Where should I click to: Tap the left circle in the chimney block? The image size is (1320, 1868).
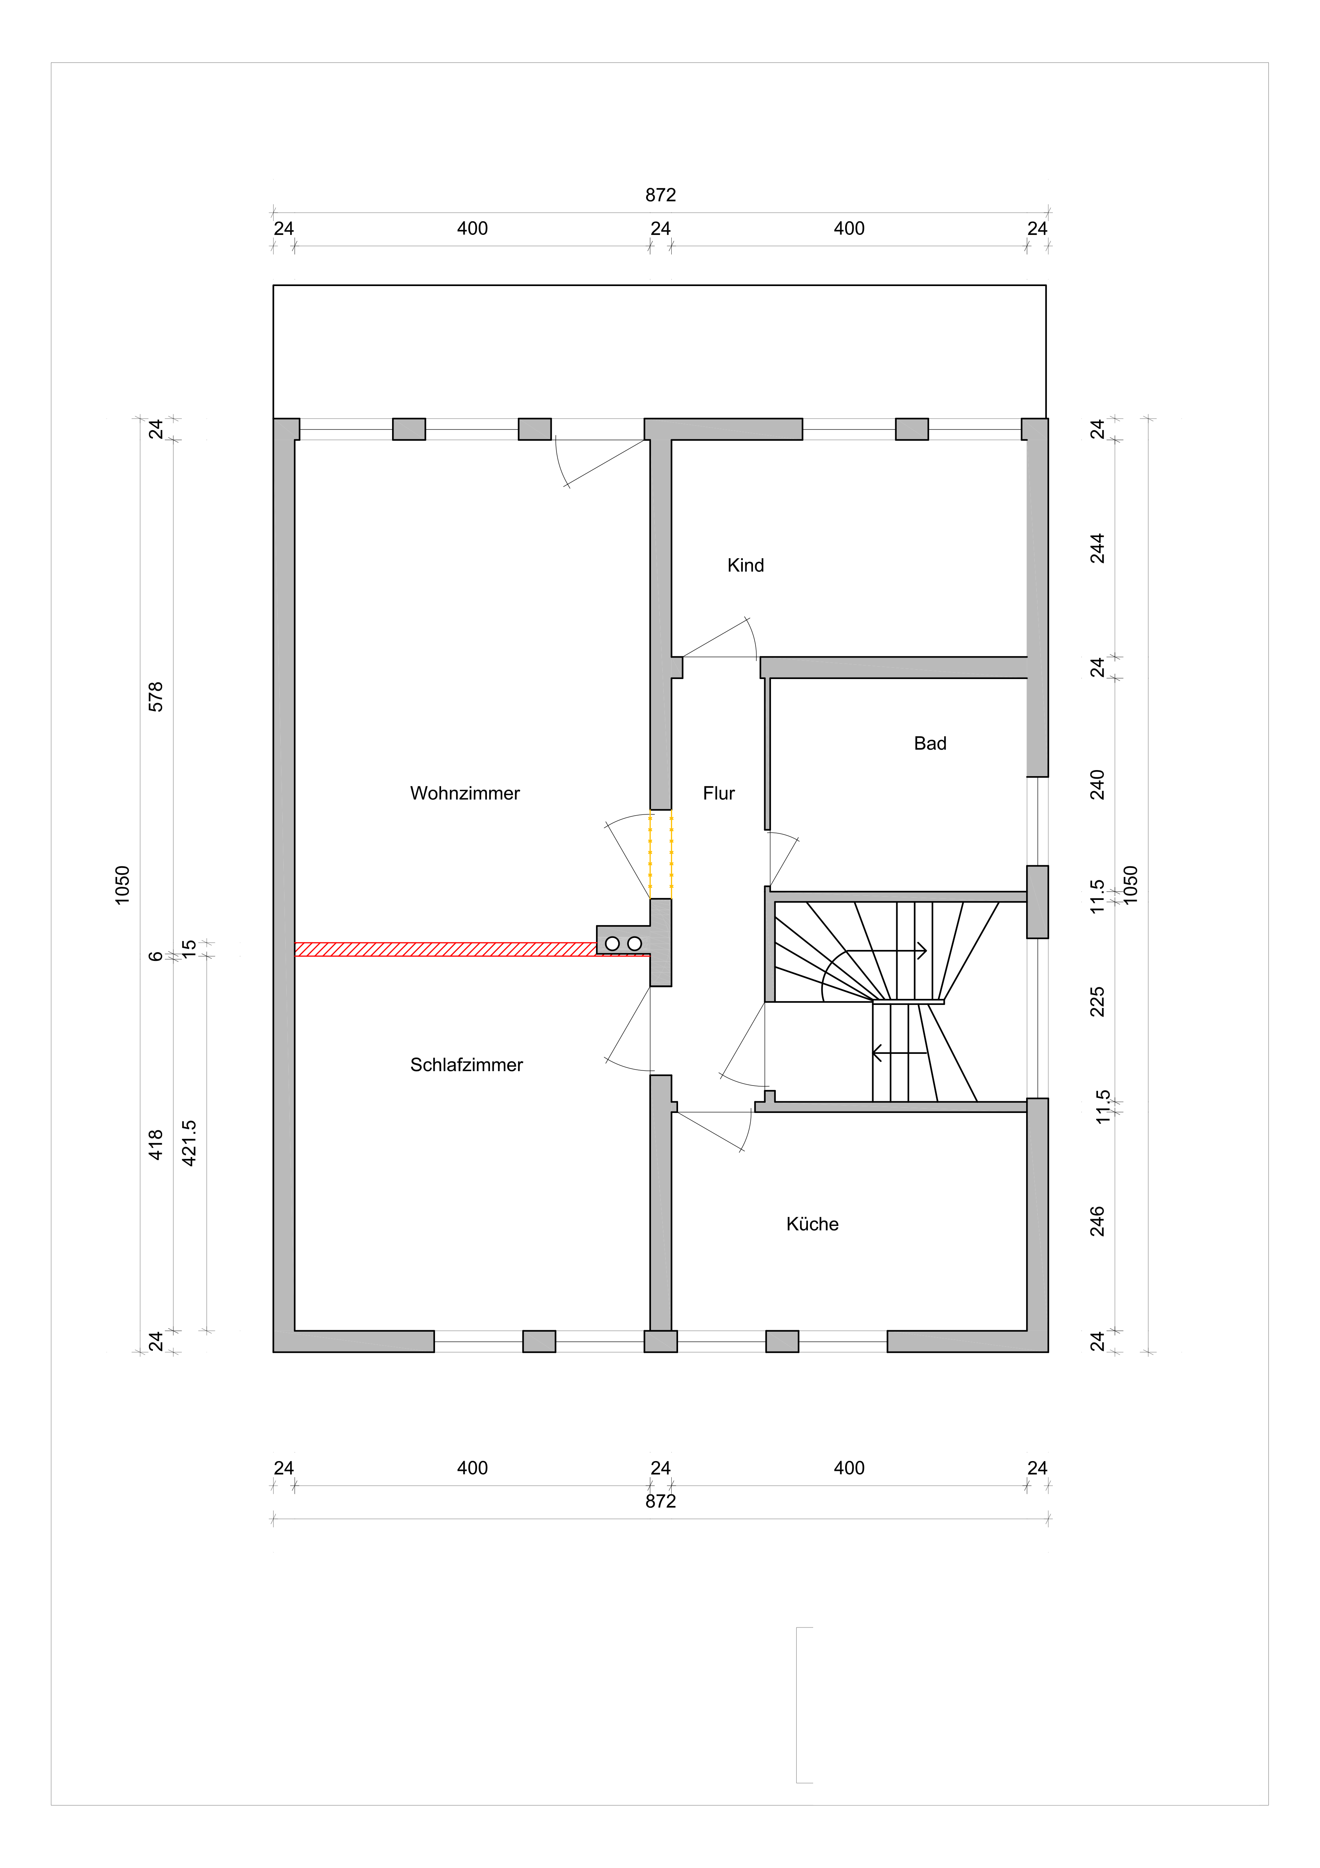(x=613, y=944)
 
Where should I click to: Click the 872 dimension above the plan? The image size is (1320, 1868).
(x=660, y=195)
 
